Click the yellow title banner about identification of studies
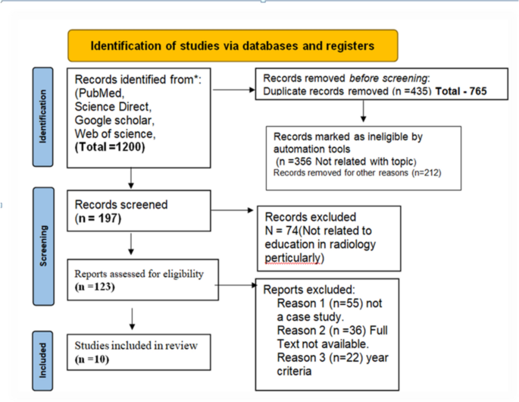[x=233, y=46]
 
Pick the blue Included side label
[x=42, y=356]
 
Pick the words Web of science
[x=114, y=133]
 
